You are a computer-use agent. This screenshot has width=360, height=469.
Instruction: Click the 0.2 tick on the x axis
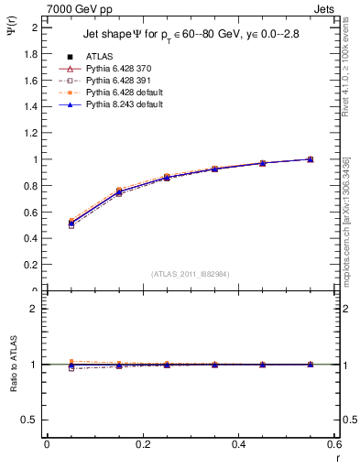click(x=142, y=444)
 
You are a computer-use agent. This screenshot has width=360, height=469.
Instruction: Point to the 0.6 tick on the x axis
click(x=334, y=444)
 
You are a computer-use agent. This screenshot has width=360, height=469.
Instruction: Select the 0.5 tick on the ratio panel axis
click(x=29, y=420)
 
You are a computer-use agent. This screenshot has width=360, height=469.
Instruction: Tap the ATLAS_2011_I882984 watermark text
click(x=190, y=274)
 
